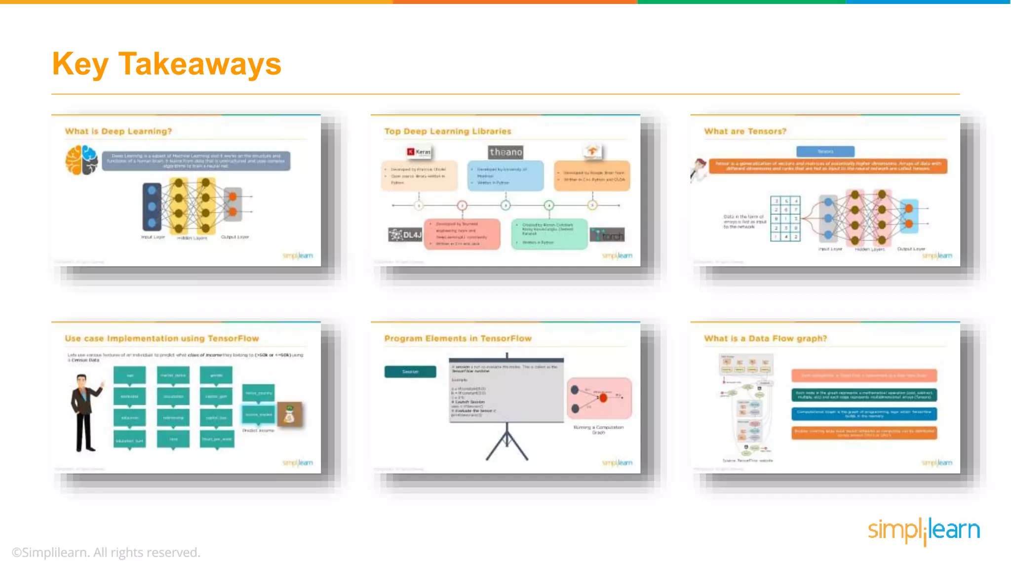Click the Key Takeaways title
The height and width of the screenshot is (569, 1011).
(166, 64)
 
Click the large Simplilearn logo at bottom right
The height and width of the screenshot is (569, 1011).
(924, 530)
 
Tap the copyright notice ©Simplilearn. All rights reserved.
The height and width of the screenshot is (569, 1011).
(106, 552)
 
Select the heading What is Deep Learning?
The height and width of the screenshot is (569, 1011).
(118, 131)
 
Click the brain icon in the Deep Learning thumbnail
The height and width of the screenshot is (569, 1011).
(81, 160)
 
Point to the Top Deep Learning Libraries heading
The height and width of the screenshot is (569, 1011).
(448, 131)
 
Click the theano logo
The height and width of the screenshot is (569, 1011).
(505, 152)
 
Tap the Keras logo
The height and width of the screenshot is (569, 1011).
(419, 152)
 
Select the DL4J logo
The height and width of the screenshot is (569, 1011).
(405, 235)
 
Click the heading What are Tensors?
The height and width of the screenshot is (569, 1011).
(745, 131)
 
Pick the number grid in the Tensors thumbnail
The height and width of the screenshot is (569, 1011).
(785, 218)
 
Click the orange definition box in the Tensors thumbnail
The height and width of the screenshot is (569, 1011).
(828, 166)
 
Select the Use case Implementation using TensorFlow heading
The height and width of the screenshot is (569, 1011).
(162, 338)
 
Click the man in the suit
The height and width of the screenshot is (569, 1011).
(85, 413)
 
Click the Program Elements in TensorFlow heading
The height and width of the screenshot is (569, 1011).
(458, 338)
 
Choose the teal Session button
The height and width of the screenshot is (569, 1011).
(410, 371)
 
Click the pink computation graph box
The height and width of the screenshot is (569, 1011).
(599, 398)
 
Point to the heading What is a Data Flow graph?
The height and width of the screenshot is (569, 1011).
(765, 338)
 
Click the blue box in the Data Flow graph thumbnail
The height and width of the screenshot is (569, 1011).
(864, 413)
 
